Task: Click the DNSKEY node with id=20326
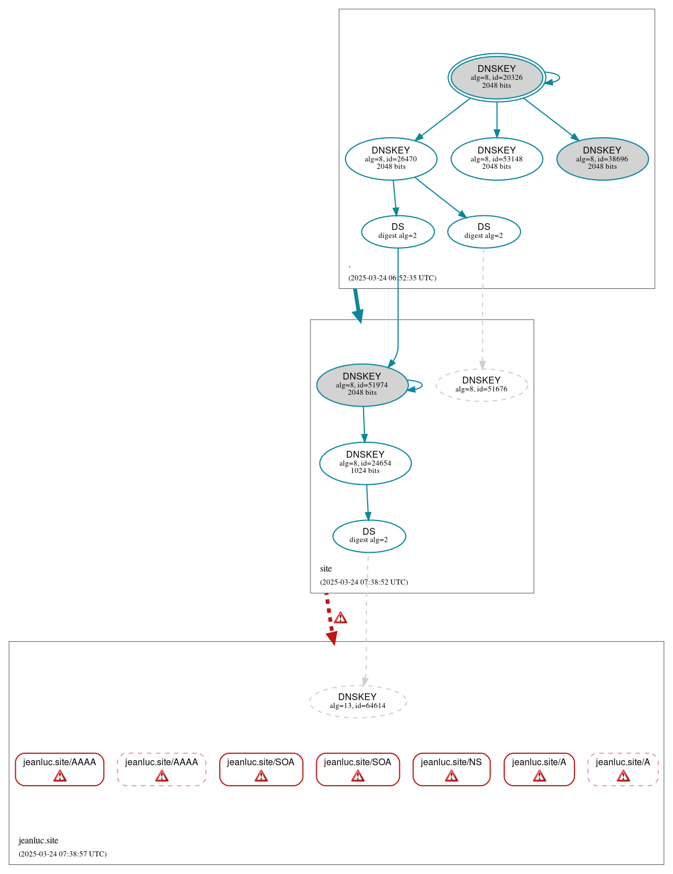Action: tap(496, 77)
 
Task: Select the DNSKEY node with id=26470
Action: tap(391, 159)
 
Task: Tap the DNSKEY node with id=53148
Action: tap(496, 159)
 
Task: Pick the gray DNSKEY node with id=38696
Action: tap(602, 159)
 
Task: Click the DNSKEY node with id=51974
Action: tap(362, 385)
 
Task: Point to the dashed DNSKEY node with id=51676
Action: tap(482, 385)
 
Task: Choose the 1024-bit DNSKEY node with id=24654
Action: tap(365, 463)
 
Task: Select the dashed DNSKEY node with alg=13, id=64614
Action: tap(357, 701)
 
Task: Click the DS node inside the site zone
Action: tap(369, 536)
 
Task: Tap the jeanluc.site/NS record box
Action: tap(451, 769)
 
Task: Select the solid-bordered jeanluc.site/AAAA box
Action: tap(59, 769)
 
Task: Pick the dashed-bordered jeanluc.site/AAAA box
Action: tap(161, 769)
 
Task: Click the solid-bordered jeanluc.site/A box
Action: tap(539, 769)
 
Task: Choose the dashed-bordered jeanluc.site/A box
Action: tap(623, 769)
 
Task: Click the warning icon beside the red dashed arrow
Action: tap(340, 617)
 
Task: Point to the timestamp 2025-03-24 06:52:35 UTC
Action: tap(392, 278)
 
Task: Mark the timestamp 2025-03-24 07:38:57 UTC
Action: tap(62, 854)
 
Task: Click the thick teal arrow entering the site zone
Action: tap(357, 305)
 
